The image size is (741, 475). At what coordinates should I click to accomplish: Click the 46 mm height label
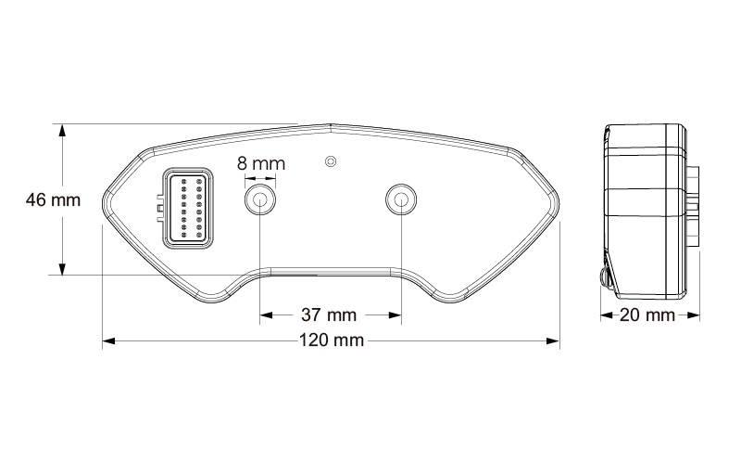53,199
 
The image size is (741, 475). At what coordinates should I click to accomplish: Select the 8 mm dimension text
260,163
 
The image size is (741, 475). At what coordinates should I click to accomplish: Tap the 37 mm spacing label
330,315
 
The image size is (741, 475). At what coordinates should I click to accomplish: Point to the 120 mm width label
331,341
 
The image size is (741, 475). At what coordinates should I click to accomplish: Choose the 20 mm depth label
647,315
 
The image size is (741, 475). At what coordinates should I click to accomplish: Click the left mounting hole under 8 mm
259,199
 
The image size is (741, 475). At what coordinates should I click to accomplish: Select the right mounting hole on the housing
401,199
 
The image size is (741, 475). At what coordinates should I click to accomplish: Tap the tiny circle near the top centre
330,162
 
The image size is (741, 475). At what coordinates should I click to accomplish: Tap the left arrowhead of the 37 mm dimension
265,315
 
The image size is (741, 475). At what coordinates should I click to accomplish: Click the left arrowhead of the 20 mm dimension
606,315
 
